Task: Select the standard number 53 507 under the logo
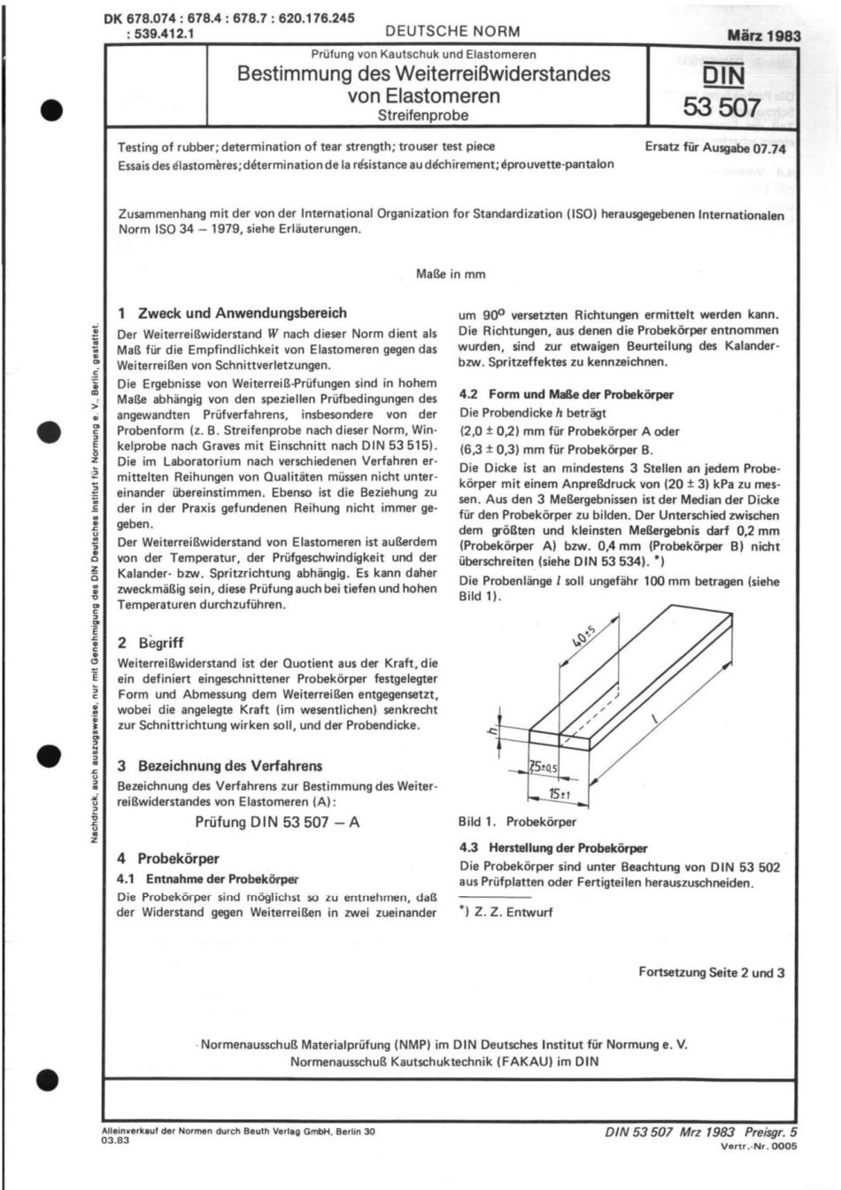[x=721, y=108]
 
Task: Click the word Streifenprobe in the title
[x=423, y=115]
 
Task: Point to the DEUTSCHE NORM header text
[x=452, y=31]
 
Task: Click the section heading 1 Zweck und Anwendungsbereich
[x=232, y=313]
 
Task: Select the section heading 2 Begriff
[x=150, y=643]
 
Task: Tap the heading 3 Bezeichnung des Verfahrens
[x=220, y=766]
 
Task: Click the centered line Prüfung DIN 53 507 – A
[x=277, y=822]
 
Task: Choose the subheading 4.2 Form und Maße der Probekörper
[x=567, y=395]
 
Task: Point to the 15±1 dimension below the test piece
[x=559, y=794]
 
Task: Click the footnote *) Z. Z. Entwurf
[x=505, y=911]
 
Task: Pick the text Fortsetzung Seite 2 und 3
[x=711, y=972]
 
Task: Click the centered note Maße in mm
[x=451, y=274]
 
